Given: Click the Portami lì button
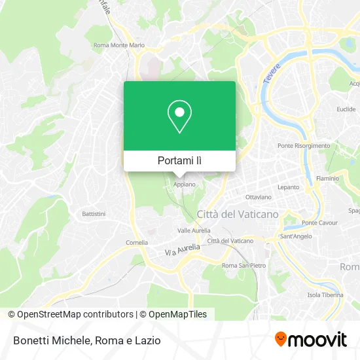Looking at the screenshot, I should pyautogui.click(x=179, y=160).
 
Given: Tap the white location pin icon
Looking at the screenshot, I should pyautogui.click(x=179, y=117).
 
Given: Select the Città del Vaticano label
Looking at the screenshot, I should pyautogui.click(x=238, y=214).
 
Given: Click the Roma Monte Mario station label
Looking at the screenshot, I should pyautogui.click(x=118, y=45).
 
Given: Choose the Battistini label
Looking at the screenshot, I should pyautogui.click(x=94, y=214).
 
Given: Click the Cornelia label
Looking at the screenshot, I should pyautogui.click(x=137, y=242).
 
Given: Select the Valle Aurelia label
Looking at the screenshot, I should pyautogui.click(x=194, y=230).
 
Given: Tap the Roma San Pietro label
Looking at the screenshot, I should pyautogui.click(x=243, y=265).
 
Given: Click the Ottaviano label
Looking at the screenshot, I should pyautogui.click(x=258, y=197).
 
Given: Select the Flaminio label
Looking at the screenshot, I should pyautogui.click(x=327, y=177).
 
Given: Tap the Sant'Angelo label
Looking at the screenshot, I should pyautogui.click(x=295, y=236).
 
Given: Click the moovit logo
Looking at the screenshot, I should pyautogui.click(x=310, y=339).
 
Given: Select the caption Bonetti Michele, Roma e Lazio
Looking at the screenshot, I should pyautogui.click(x=86, y=340).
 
